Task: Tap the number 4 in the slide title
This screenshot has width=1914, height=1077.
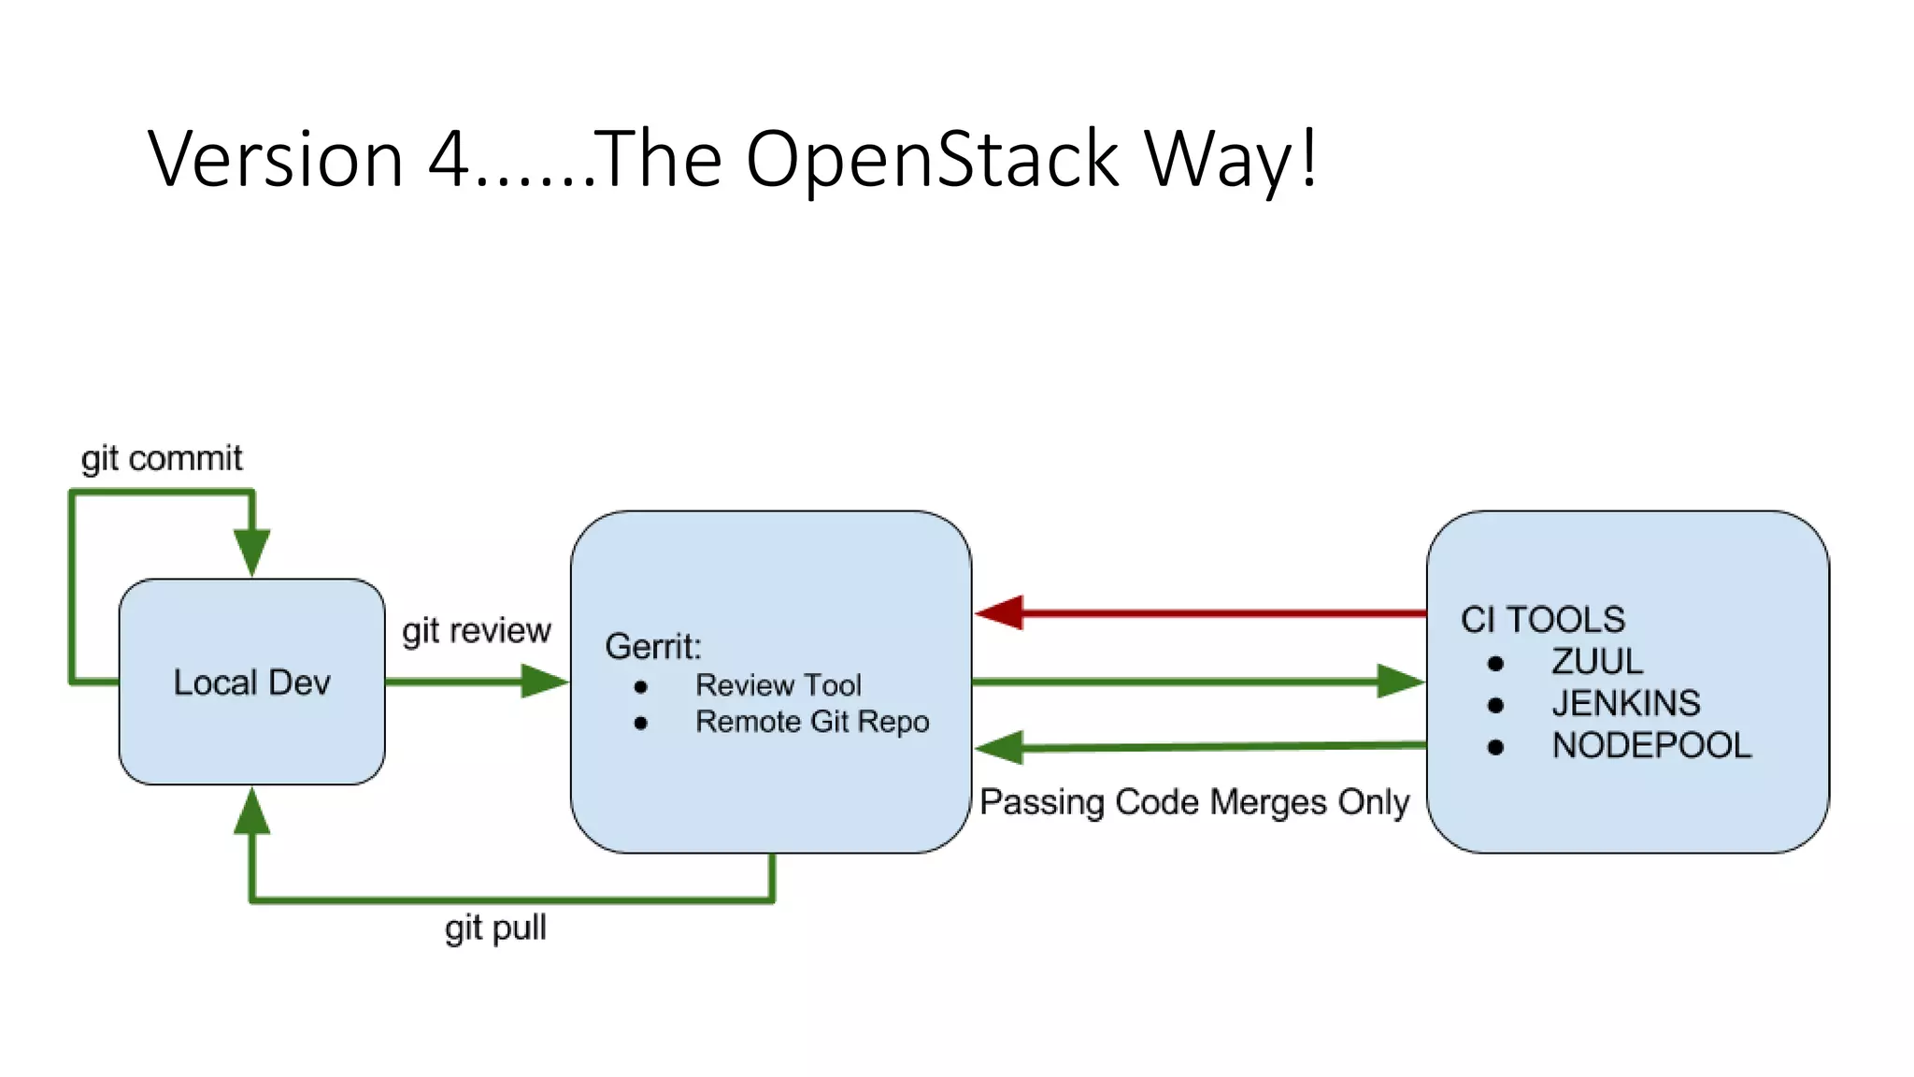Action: [x=449, y=159]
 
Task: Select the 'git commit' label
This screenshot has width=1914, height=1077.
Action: [x=161, y=458]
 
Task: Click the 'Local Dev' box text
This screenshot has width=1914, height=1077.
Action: [x=251, y=682]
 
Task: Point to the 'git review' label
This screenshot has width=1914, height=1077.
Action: [x=476, y=630]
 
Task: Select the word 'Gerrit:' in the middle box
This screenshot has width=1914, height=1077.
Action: [x=652, y=646]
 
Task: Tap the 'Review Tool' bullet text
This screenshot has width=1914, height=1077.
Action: [x=778, y=685]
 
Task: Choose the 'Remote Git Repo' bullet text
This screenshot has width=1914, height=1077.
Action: [x=811, y=722]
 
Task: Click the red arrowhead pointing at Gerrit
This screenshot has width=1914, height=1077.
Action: [x=998, y=613]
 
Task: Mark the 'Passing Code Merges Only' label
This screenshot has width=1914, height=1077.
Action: [x=1193, y=802]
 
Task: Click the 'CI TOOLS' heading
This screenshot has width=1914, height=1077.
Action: [x=1542, y=620]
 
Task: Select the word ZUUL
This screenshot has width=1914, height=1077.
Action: [x=1596, y=662]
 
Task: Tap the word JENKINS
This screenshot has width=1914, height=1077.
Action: [x=1625, y=703]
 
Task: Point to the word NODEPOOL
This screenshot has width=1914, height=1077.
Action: [x=1650, y=745]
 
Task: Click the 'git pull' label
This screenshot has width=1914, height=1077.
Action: [x=495, y=928]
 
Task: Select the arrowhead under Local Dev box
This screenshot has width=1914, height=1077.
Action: [x=251, y=811]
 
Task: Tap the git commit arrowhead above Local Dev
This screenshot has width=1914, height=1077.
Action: [x=251, y=552]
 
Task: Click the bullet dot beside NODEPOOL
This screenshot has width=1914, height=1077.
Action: [x=1495, y=747]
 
